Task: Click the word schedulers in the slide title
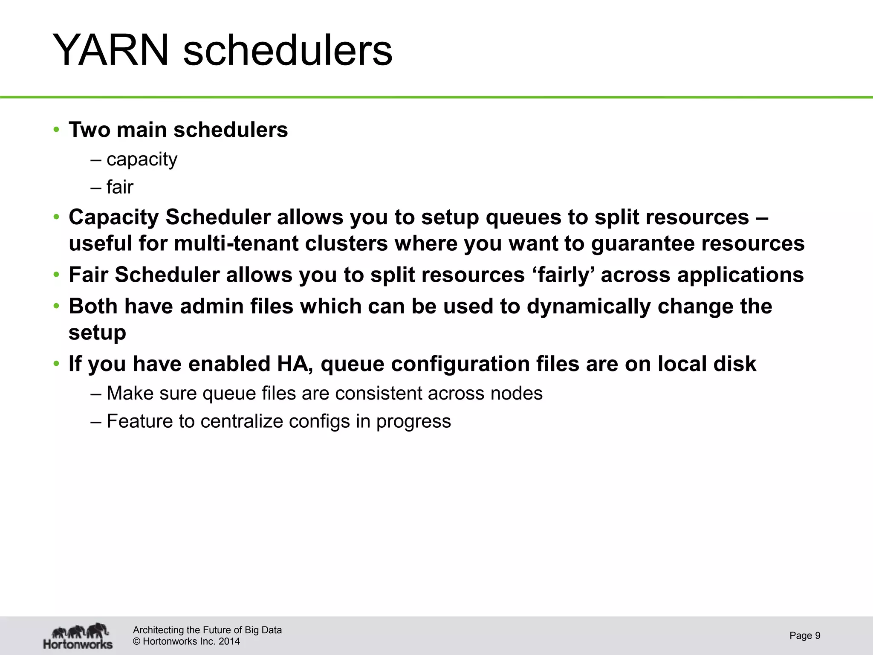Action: (x=287, y=51)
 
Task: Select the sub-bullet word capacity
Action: (x=142, y=159)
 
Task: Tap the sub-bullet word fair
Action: (x=120, y=187)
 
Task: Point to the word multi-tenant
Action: (x=237, y=243)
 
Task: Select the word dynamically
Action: (x=589, y=306)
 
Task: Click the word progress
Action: (x=413, y=421)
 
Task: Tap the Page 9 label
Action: (x=805, y=635)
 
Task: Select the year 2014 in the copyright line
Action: (x=229, y=641)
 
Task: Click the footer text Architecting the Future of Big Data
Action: (x=207, y=630)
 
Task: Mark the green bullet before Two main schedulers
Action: (x=56, y=130)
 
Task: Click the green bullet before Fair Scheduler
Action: (x=56, y=275)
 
